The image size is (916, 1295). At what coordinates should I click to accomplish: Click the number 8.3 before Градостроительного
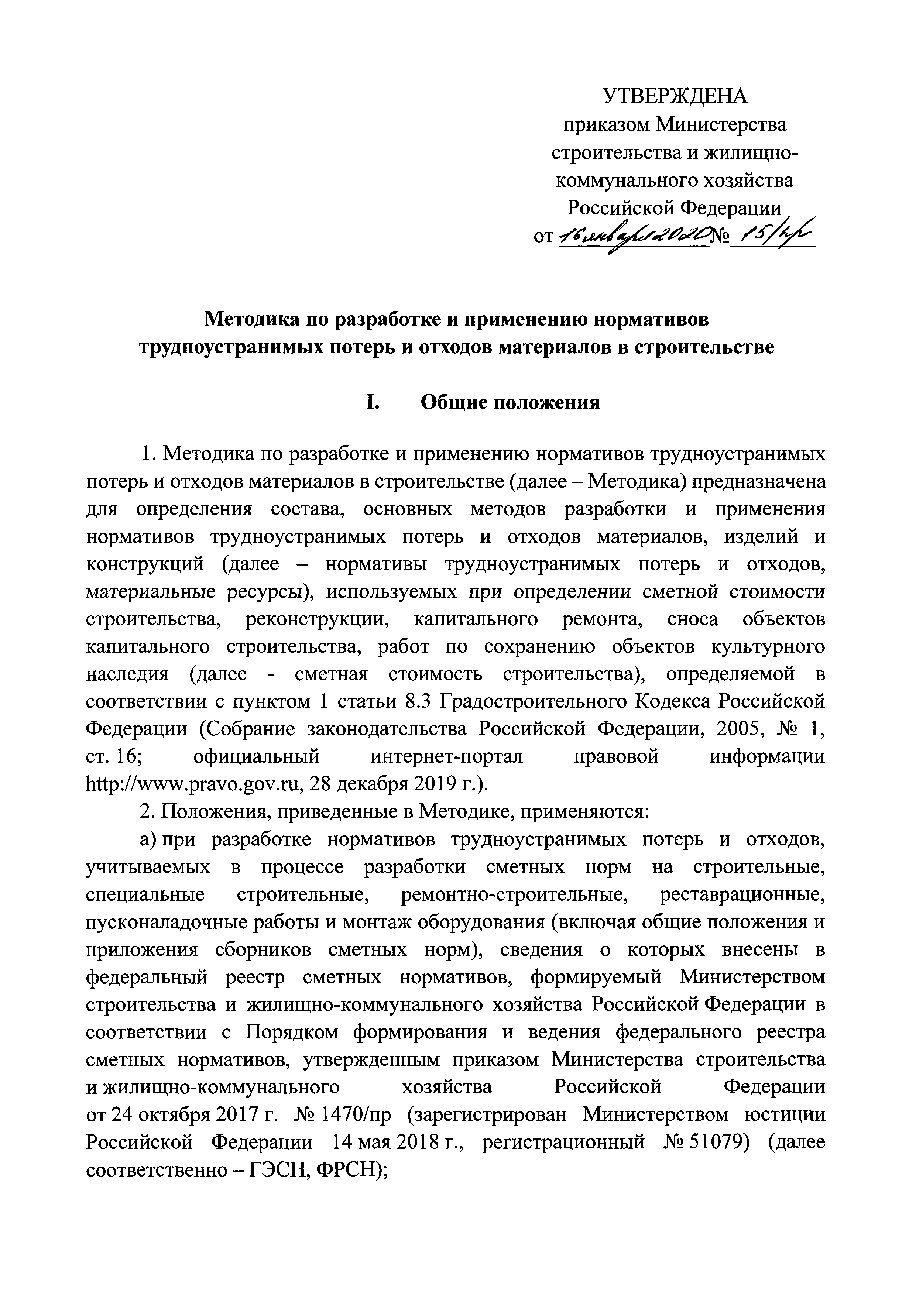point(418,701)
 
